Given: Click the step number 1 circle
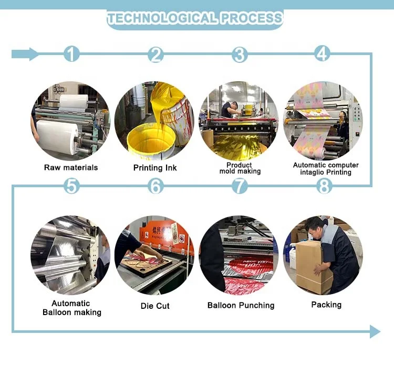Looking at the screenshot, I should pyautogui.click(x=72, y=54).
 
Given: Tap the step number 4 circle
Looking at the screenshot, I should pyautogui.click(x=323, y=53).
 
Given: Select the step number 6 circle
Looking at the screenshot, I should pyautogui.click(x=155, y=186).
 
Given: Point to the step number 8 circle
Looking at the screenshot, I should pyautogui.click(x=324, y=185).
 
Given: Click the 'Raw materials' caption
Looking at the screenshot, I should pyautogui.click(x=71, y=168).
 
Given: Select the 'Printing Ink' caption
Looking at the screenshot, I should pyautogui.click(x=155, y=168).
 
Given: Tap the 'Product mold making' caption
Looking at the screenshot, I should pyautogui.click(x=240, y=168).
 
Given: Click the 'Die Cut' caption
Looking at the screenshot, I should pyautogui.click(x=155, y=306).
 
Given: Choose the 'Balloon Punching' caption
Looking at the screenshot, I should pyautogui.click(x=241, y=305).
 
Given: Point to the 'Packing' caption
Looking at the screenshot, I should pyautogui.click(x=326, y=305).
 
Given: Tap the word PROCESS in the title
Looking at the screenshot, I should pyautogui.click(x=252, y=19).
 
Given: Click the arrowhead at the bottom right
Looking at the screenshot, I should pyautogui.click(x=375, y=331).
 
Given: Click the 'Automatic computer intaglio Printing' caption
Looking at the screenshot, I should pyautogui.click(x=326, y=168).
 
